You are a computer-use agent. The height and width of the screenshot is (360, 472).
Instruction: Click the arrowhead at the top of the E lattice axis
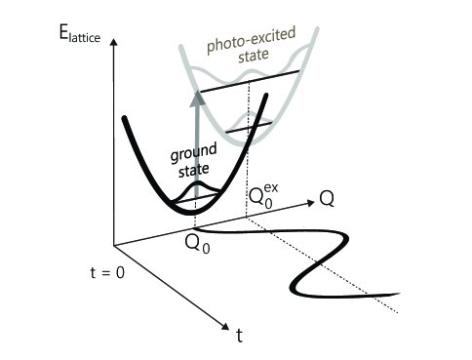click(x=113, y=42)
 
